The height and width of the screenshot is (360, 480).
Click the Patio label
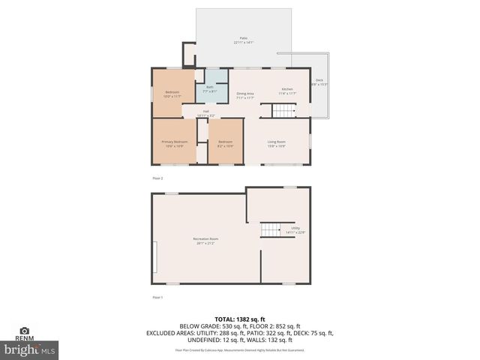243,37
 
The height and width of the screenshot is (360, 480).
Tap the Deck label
319,79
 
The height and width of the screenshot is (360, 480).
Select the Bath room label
210,87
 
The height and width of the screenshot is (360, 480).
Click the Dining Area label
245,93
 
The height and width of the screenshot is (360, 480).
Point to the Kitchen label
286,89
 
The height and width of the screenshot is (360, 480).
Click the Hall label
205,111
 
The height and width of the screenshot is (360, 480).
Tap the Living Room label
277,141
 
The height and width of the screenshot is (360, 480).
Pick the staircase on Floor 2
285,112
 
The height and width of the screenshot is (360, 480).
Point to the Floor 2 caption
157,178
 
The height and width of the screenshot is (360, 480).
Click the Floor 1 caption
157,298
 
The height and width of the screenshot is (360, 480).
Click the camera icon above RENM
24,330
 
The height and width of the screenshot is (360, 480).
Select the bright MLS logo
30,349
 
